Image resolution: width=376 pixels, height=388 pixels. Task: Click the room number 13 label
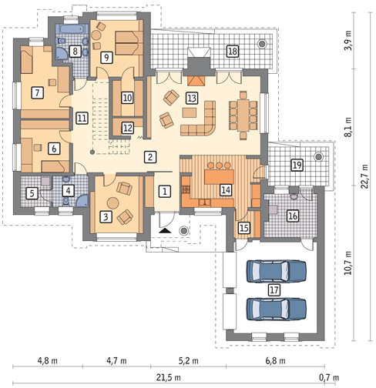point(192,98)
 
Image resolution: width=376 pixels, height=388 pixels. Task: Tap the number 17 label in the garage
point(274,289)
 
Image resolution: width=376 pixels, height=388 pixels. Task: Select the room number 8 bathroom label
point(75,51)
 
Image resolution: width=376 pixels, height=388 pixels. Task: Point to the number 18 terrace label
point(232,51)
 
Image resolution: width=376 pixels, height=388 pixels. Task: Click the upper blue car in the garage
point(277,271)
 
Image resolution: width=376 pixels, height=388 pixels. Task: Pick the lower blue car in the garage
point(277,309)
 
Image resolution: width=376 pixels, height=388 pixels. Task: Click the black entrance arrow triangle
point(165,230)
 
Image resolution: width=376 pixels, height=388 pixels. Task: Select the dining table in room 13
point(243,115)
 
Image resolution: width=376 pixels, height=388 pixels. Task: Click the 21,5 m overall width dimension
point(169,377)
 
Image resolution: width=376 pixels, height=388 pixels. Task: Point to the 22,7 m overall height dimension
point(364,176)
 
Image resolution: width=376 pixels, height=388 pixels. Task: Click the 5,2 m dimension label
point(189,361)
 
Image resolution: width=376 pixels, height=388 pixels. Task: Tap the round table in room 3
point(112,203)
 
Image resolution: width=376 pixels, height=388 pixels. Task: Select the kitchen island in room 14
point(219,176)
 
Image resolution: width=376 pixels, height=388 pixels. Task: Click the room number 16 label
point(293,216)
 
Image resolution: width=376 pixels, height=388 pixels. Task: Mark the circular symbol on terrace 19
point(319,156)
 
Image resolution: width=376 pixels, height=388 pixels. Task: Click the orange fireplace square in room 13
point(196,81)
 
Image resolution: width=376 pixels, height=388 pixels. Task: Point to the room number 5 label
point(32,193)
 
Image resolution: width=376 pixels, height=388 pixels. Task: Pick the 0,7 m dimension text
point(329,377)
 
